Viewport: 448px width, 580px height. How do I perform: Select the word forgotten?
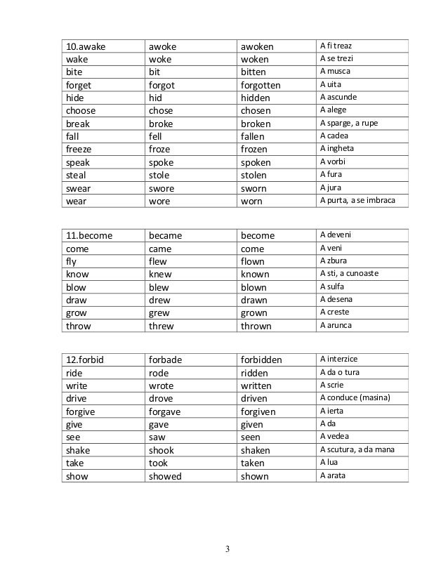pos(261,85)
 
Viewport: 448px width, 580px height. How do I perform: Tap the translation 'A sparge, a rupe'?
pos(349,123)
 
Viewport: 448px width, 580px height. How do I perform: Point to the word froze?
pos(161,150)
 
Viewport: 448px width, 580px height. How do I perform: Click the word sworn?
pos(254,188)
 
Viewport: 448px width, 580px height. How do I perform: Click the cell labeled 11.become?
pos(89,235)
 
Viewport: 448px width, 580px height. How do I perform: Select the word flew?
pos(159,261)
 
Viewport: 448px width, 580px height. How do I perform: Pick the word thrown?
pos(256,326)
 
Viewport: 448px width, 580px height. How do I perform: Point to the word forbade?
pos(165,360)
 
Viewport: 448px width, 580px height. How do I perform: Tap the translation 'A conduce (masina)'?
pos(354,399)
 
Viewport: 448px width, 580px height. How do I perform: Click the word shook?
pos(162,450)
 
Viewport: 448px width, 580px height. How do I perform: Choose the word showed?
pos(165,476)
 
